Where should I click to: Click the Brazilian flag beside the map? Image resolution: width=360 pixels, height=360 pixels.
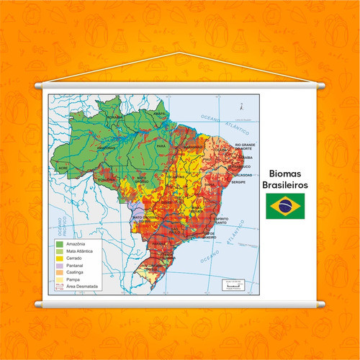[x=284, y=206]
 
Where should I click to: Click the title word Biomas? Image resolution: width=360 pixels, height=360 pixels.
[x=284, y=174]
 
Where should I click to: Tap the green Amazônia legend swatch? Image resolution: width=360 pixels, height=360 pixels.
[x=60, y=245]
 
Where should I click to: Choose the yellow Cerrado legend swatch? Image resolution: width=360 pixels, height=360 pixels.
[x=60, y=258]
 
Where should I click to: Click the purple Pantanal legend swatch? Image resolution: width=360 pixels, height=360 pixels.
[x=60, y=265]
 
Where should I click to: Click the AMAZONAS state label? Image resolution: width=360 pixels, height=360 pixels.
[x=107, y=147]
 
